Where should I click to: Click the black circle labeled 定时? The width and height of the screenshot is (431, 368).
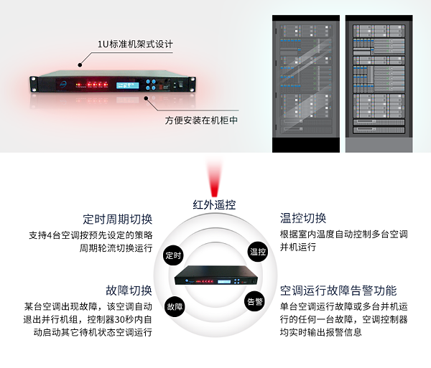pyautogui.click(x=173, y=255)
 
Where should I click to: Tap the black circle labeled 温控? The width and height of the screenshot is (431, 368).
pyautogui.click(x=258, y=252)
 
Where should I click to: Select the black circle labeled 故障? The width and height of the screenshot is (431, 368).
pyautogui.click(x=175, y=306)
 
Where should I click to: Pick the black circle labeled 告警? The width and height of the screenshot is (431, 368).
pyautogui.click(x=255, y=301)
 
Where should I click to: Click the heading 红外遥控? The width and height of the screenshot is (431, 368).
pyautogui.click(x=214, y=204)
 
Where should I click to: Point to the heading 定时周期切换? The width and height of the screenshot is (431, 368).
pyautogui.click(x=118, y=220)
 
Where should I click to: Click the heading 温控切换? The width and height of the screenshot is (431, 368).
pyautogui.click(x=303, y=219)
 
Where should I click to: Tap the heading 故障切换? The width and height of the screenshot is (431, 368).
pyautogui.click(x=129, y=291)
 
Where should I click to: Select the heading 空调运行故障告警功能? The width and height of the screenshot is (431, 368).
pyautogui.click(x=338, y=291)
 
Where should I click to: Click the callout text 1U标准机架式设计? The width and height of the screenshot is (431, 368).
pyautogui.click(x=135, y=44)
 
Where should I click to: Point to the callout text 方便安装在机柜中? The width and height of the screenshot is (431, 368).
pyautogui.click(x=201, y=121)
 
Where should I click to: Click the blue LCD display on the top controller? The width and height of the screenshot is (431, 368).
pyautogui.click(x=128, y=85)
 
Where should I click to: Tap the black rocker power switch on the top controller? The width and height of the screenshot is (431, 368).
pyautogui.click(x=180, y=84)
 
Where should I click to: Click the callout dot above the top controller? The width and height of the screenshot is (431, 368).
pyautogui.click(x=80, y=65)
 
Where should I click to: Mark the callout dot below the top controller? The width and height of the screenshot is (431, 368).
pyautogui.click(x=147, y=98)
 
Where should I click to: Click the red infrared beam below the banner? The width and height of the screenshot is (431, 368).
pyautogui.click(x=214, y=177)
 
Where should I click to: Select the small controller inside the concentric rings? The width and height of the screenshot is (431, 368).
pyautogui.click(x=216, y=275)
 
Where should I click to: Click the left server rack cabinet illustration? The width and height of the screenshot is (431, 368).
pyautogui.click(x=306, y=84)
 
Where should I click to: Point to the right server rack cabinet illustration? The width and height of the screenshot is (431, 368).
pyautogui.click(x=379, y=84)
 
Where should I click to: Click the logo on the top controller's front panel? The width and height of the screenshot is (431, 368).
pyautogui.click(x=63, y=85)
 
